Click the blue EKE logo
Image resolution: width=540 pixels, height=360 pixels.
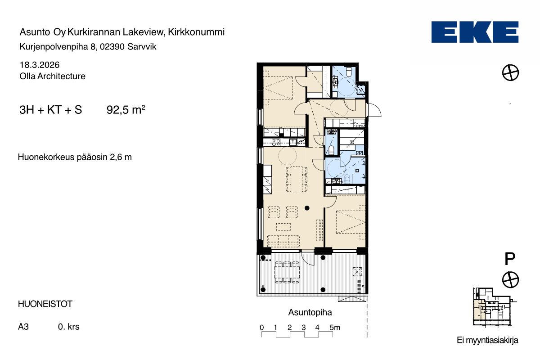click(475, 32)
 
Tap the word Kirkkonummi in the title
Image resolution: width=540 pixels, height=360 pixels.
click(196, 32)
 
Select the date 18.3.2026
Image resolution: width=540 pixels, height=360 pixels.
click(40, 65)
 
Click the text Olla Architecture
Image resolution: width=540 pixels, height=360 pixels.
click(53, 76)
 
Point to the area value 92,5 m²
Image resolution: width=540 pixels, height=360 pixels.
click(126, 110)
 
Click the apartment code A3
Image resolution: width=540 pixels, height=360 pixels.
click(23, 327)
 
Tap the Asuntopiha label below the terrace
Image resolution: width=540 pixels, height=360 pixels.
click(310, 312)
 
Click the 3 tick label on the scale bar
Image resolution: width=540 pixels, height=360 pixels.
click(303, 328)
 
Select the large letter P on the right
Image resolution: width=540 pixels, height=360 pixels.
click(510, 259)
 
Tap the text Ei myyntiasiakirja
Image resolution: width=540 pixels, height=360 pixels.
click(487, 340)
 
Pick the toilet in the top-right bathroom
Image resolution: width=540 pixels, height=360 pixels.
click(349, 72)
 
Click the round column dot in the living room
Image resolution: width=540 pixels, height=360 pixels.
click(307, 208)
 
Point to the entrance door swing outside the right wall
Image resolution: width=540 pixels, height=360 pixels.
click(374, 110)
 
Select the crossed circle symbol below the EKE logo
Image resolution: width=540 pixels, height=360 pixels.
click(510, 72)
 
